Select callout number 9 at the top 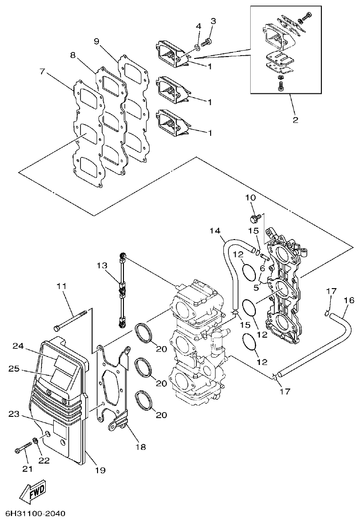tap(97, 41)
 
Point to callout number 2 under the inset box tap(295, 120)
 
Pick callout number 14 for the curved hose tap(215, 231)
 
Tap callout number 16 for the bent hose tap(349, 300)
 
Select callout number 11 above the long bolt tap(62, 286)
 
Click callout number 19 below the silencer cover tap(99, 470)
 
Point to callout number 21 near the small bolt tap(27, 469)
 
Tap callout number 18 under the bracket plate tap(141, 446)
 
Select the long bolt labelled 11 tap(71, 321)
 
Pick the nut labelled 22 tap(35, 441)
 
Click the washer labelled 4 tap(196, 46)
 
